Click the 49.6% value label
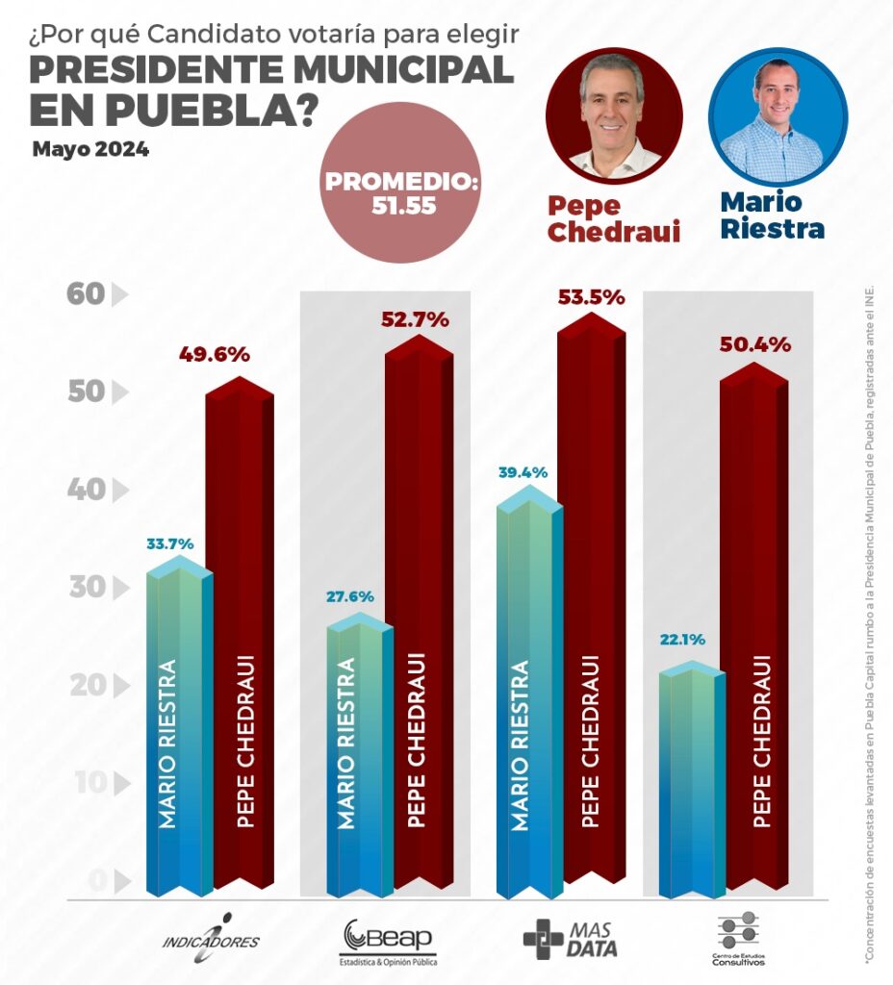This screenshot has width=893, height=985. pos(214,354)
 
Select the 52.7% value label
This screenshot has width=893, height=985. pos(413,319)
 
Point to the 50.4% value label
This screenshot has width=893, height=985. pos(755,343)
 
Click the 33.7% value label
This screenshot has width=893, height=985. pos(169,543)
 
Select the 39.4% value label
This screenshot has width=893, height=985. pos(523,472)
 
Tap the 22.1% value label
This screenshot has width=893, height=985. pos(682,638)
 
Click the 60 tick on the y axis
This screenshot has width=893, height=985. pos(86,294)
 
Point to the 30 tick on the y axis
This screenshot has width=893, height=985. pos(86,588)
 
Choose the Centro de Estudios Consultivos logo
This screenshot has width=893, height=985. pos(738,939)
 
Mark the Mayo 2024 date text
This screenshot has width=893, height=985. pos(89,150)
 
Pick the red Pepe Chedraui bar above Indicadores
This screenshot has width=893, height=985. pos(239,635)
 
